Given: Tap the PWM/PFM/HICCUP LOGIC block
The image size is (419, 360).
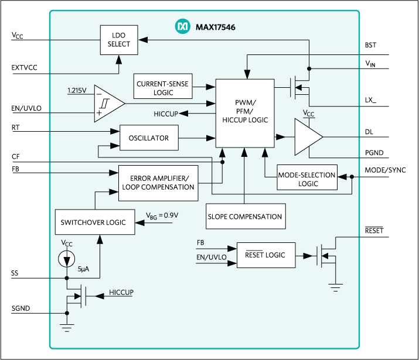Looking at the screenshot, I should (x=245, y=112).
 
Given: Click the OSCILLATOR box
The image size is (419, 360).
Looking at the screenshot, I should (x=149, y=138).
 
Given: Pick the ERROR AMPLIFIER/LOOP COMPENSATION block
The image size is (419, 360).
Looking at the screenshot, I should (x=158, y=182).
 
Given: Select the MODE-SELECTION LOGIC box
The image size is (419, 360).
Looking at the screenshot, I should (x=308, y=179).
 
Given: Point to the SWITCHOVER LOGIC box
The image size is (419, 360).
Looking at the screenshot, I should (x=94, y=222).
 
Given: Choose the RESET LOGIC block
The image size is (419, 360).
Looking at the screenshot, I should (x=265, y=255).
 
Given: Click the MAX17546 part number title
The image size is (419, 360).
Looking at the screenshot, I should (x=214, y=27).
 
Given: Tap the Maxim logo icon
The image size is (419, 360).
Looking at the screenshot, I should (x=183, y=26).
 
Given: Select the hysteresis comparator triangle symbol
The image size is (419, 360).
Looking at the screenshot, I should (x=109, y=104).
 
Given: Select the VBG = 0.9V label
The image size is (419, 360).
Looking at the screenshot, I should (x=162, y=215).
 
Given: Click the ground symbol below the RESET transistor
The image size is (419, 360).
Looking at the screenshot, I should (x=335, y=287).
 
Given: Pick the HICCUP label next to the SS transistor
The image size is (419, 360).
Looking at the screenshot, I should (x=121, y=292).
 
